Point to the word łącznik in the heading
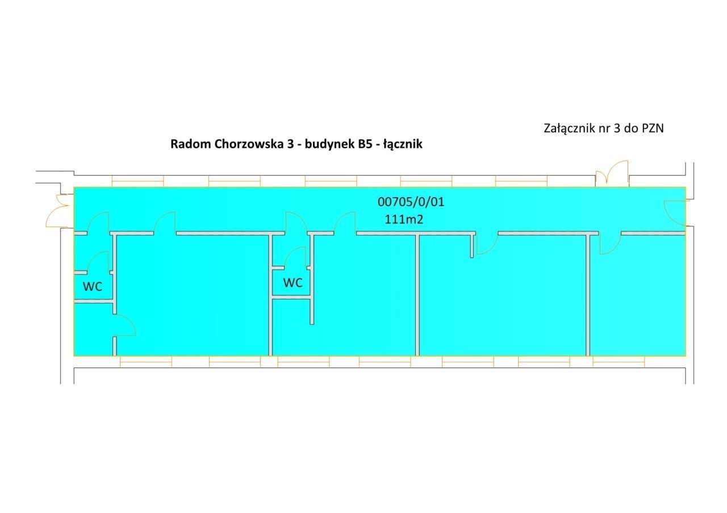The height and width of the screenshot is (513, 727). click(x=403, y=144)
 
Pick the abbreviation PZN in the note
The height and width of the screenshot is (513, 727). click(x=653, y=128)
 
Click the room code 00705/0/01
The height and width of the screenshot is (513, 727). click(x=411, y=202)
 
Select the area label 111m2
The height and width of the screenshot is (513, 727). click(x=404, y=220)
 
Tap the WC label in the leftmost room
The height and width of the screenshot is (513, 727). click(x=93, y=287)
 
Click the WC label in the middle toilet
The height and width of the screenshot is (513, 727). click(x=293, y=283)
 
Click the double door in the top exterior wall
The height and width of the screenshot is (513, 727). click(x=612, y=174)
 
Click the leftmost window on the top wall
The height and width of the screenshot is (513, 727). click(x=137, y=181)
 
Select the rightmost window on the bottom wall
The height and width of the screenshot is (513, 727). click(x=619, y=362)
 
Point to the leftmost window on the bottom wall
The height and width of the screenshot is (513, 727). click(x=146, y=362)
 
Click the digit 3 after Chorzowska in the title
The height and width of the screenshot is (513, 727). click(x=290, y=144)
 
